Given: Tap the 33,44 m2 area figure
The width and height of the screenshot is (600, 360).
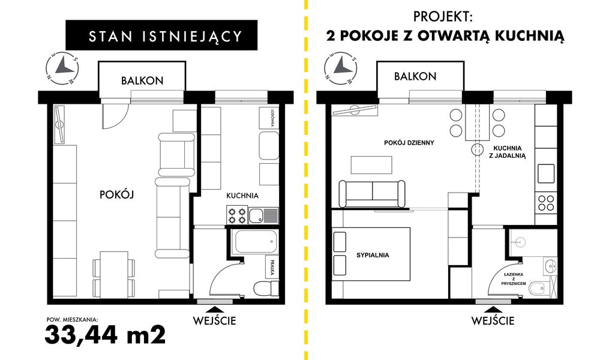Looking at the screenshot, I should pos(105,334).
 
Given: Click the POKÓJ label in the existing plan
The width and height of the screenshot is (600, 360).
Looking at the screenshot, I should pos(115,194).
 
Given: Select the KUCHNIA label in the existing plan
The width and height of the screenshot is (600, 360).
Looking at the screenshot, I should pos(242,196).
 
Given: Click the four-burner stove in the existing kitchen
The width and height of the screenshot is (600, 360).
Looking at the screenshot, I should pos(236,215).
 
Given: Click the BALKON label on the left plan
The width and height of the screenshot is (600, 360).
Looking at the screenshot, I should pos(142,80).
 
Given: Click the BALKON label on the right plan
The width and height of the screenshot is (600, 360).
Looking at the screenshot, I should pos(415,76).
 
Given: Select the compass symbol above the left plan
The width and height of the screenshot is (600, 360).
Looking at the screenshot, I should pos(61,67).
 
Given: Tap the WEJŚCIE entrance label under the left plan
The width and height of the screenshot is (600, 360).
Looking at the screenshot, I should pos(214,320).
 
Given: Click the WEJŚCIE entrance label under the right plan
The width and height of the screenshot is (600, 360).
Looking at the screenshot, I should pos(493,320).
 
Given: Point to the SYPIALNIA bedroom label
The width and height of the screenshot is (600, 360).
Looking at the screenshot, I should pos(372,254).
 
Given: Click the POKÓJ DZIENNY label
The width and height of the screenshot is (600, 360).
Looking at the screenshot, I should pos(409,143).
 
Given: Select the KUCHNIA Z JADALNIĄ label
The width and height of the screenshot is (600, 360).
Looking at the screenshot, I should pos(509,151).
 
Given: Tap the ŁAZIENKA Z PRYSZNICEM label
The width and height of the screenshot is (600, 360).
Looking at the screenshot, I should pos(515,278).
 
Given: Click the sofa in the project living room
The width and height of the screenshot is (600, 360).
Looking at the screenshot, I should pos(372,193).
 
